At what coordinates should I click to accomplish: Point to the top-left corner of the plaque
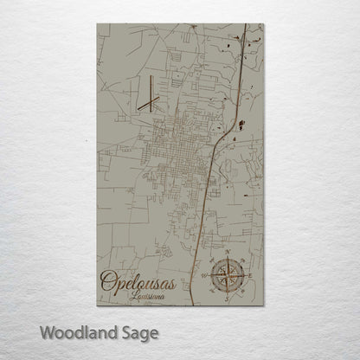[x=99, y=24]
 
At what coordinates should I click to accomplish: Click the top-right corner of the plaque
[x=263, y=24]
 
